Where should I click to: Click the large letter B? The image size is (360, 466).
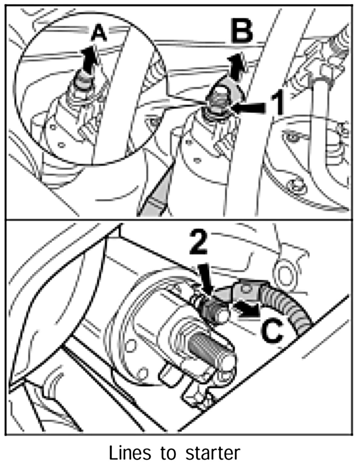(242, 31)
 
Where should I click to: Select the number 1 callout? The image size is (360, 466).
(278, 104)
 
